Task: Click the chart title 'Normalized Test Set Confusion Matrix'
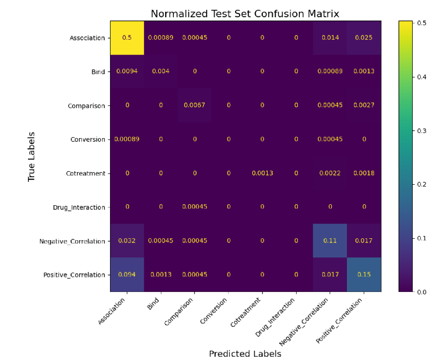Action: pos(245,14)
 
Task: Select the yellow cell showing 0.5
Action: pos(127,38)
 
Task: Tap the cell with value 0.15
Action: pos(364,275)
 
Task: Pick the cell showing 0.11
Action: pos(330,241)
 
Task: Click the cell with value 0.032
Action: pos(127,241)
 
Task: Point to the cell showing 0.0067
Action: pos(194,105)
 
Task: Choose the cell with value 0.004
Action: pos(161,71)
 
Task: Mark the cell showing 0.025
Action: pos(364,38)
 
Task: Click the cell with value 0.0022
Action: pos(330,173)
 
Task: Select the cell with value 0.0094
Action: pos(127,71)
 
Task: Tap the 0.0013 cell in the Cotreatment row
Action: pos(262,173)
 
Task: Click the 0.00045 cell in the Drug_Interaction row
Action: pos(194,207)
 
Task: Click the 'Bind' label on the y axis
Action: pos(98,72)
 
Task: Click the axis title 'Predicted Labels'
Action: pos(245,353)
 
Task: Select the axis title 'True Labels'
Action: pos(32,156)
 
